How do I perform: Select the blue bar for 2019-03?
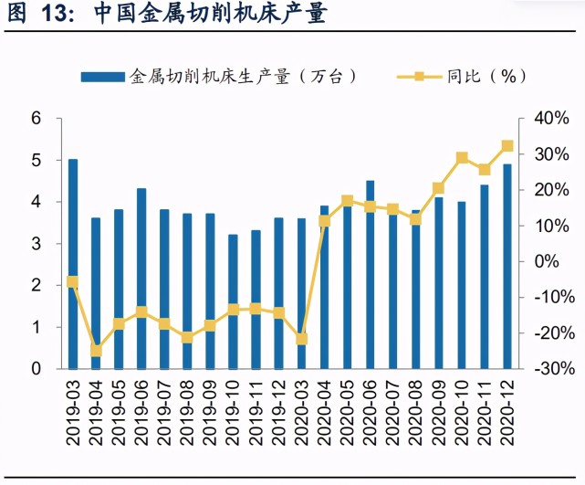tap(73, 264)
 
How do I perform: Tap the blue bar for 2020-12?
tap(507, 266)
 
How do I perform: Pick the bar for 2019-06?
tap(141, 279)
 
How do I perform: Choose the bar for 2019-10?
tap(233, 301)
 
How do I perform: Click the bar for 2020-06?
tap(370, 274)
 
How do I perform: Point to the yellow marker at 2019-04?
tap(96, 351)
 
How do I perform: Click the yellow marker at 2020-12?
tap(507, 146)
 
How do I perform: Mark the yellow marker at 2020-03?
tap(301, 339)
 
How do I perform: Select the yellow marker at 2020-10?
tap(462, 158)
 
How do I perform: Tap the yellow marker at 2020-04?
tap(324, 221)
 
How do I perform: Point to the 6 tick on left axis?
tap(37, 118)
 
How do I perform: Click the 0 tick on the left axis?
tap(37, 369)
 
